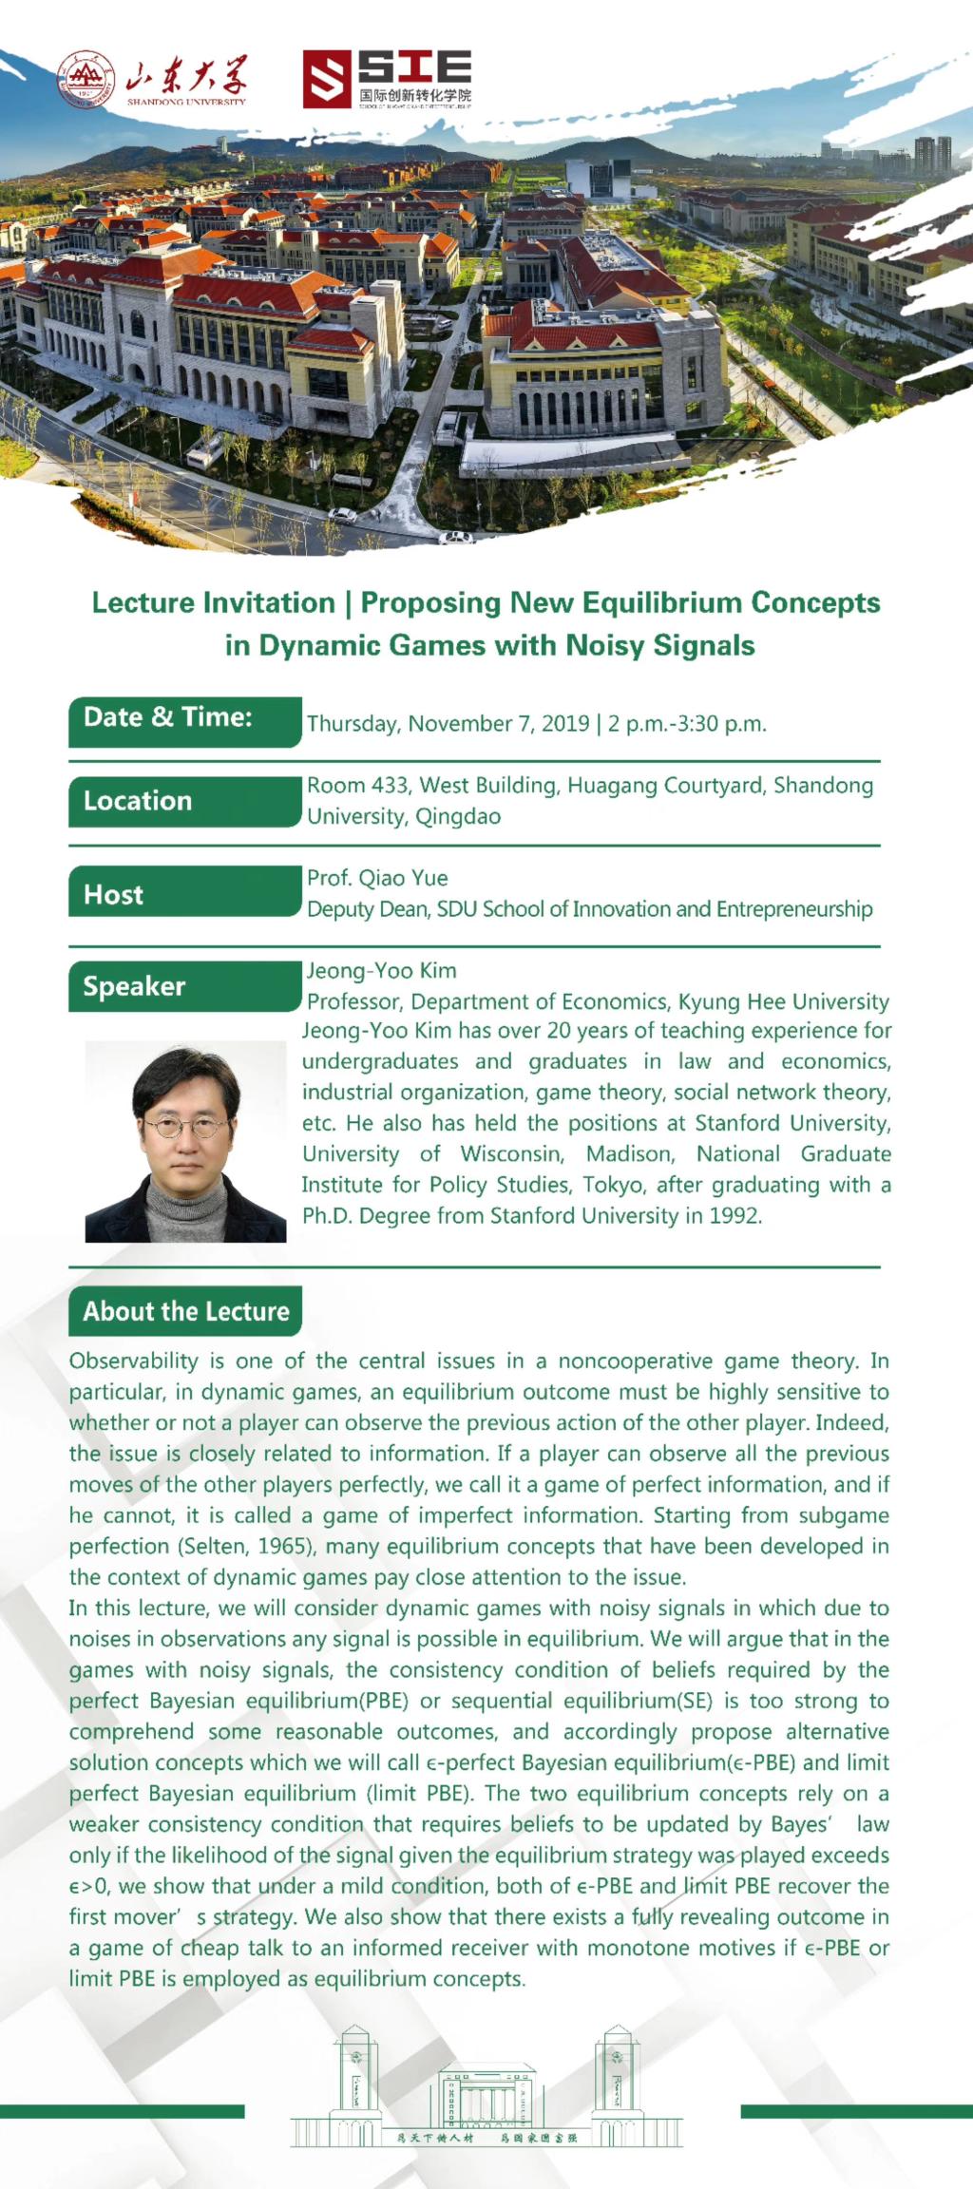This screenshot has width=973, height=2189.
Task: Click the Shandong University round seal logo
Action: coord(86,80)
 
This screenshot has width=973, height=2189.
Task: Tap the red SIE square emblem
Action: coord(326,80)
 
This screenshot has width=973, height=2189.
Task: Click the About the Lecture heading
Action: coord(185,1311)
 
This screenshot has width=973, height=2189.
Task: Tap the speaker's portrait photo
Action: coord(185,1141)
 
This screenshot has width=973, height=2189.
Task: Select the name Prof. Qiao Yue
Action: coord(377,878)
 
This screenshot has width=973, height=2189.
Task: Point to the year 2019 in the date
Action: coord(565,724)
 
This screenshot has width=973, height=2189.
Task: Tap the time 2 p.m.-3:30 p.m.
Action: coord(687,724)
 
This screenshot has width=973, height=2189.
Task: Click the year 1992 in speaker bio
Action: coord(735,1216)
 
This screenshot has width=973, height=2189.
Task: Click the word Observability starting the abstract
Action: coord(133,1361)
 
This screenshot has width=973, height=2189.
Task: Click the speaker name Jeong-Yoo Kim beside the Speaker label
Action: coord(381,970)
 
